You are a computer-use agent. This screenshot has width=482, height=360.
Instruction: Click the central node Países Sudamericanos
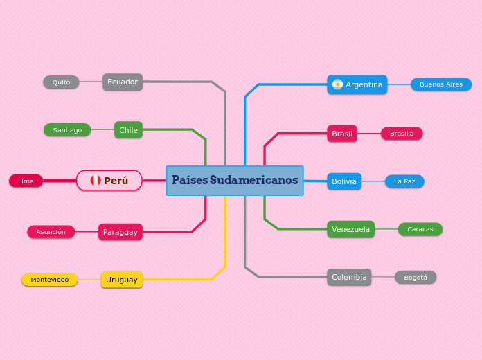(235, 181)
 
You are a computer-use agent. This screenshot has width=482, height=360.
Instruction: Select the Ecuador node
(123, 82)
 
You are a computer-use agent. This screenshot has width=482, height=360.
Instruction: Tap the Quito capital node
(61, 82)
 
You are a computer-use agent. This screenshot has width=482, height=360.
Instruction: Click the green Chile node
(128, 130)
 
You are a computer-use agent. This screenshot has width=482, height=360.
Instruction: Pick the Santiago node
(67, 130)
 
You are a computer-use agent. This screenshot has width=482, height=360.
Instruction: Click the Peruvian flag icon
(96, 181)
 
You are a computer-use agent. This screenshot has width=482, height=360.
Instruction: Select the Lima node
(26, 181)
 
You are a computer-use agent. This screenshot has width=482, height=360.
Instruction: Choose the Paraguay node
(120, 232)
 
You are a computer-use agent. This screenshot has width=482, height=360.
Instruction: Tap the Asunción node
(51, 232)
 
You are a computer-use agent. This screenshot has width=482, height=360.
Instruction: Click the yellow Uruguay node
(122, 280)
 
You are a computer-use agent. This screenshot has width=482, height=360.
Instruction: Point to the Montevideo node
(50, 280)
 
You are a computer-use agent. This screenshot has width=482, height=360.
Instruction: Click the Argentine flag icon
(337, 84)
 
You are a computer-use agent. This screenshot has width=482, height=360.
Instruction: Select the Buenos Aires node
(441, 84)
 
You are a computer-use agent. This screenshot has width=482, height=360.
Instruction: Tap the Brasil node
(342, 134)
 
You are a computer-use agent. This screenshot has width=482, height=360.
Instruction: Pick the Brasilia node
(402, 134)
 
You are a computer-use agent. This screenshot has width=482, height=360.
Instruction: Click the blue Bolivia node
(344, 181)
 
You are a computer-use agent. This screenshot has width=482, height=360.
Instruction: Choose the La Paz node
(404, 181)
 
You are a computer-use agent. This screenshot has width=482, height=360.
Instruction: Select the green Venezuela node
(351, 229)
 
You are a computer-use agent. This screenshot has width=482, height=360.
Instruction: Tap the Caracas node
(420, 229)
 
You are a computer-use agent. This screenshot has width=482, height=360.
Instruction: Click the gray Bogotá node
(416, 278)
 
